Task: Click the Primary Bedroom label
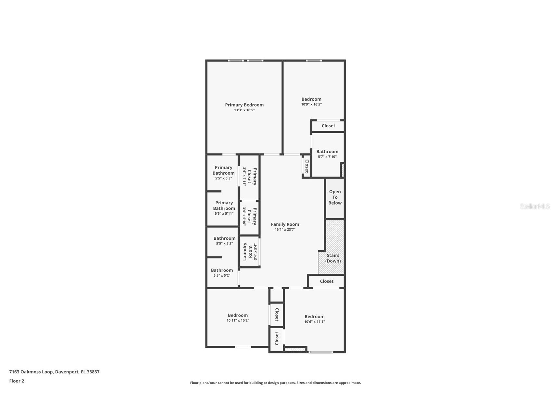tap(244, 105)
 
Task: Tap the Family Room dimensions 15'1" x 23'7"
tap(285, 230)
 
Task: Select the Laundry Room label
tap(247, 252)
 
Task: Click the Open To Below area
tap(335, 197)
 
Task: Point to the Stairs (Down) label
tap(333, 258)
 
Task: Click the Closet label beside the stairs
tap(326, 282)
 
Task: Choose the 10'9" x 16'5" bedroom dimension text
tap(311, 105)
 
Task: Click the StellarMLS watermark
tap(534, 206)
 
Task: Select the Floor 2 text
tap(17, 381)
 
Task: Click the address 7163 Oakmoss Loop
tap(54, 372)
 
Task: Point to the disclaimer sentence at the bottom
tap(275, 383)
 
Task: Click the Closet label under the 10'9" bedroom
tap(328, 126)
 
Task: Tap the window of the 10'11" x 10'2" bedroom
tap(243, 347)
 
